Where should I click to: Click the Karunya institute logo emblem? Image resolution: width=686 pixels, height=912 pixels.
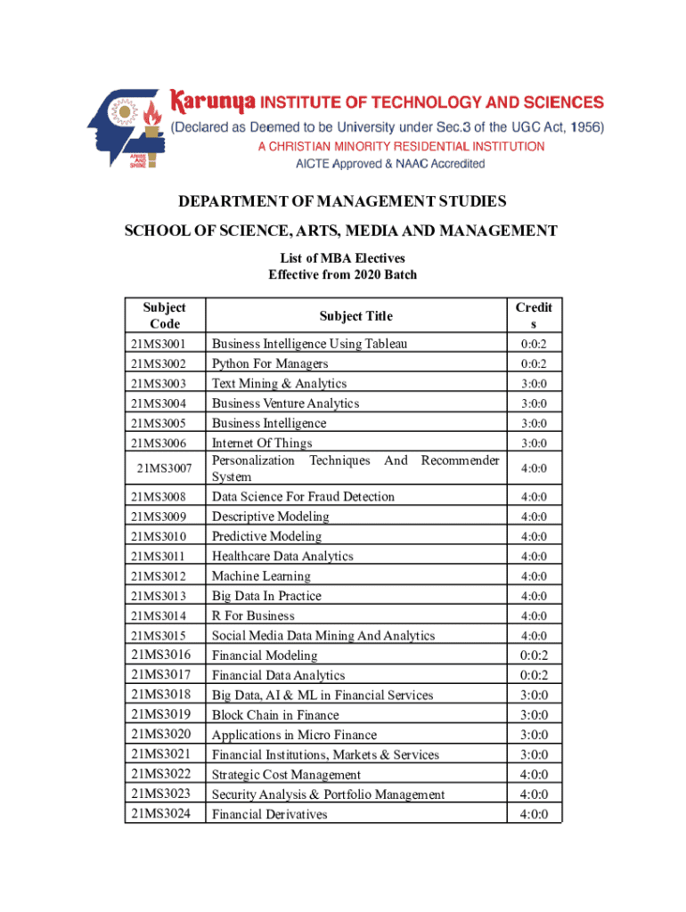point(126,130)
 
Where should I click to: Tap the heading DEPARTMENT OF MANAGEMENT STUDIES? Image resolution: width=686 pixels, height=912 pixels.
point(342,201)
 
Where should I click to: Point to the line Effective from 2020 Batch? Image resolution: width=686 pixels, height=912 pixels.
point(342,274)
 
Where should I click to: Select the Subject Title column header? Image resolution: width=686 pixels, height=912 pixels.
point(355,316)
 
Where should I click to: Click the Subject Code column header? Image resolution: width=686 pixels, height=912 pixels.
point(165,316)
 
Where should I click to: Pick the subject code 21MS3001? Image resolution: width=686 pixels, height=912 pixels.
point(159,344)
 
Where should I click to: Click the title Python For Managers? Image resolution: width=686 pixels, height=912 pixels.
point(270,363)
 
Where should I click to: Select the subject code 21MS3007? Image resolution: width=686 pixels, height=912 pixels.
point(165,468)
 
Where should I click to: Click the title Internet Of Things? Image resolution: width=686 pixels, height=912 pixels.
point(262,443)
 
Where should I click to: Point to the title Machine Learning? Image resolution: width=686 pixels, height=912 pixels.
point(261,576)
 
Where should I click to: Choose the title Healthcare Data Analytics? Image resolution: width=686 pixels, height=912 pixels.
point(282,557)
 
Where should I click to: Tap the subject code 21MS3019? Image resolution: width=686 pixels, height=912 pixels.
point(160,714)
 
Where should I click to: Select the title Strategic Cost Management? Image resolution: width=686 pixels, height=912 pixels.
point(286,775)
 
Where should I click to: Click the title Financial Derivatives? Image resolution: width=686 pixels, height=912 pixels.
point(269,814)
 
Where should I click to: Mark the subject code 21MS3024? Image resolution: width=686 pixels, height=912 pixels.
point(160,813)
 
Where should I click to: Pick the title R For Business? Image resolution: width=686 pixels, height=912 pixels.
point(253,615)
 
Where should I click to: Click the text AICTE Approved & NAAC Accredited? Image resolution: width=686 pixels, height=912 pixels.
point(390,164)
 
